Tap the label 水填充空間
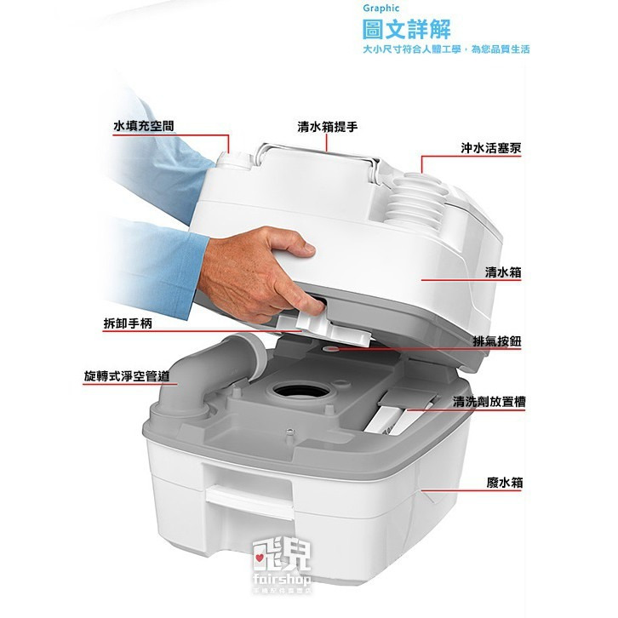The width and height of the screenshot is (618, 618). point(145,125)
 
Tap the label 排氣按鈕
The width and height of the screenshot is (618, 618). point(497,340)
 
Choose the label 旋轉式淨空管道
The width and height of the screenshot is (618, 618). point(126,375)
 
